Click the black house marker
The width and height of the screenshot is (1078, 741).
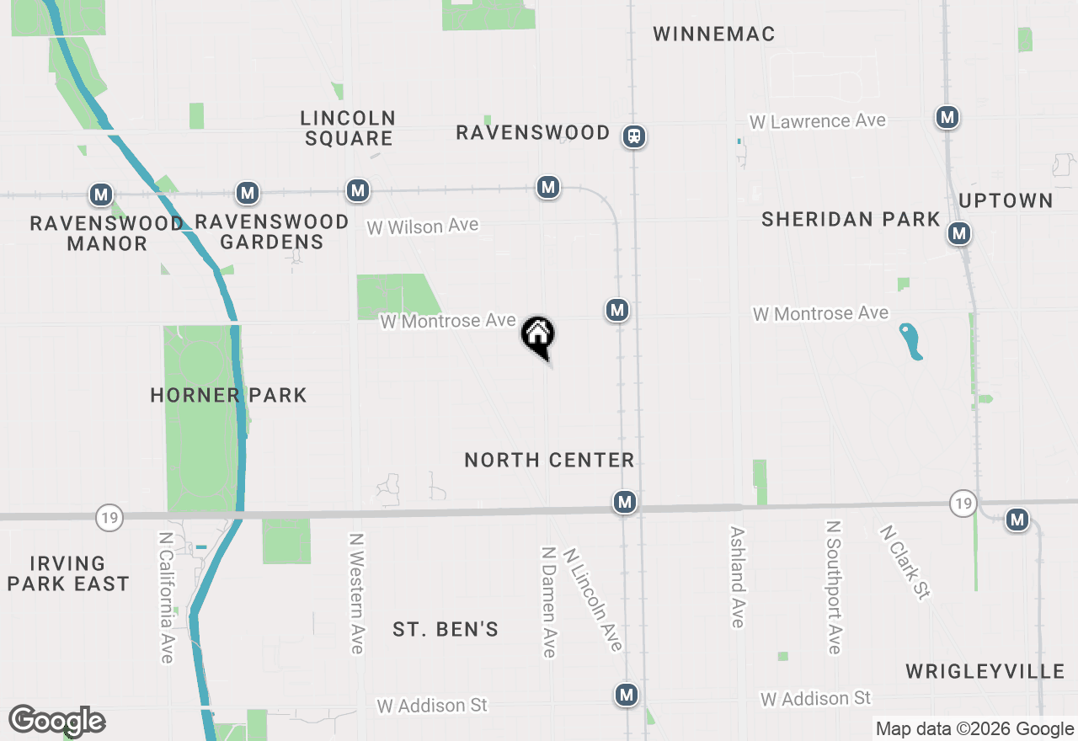pos(537,334)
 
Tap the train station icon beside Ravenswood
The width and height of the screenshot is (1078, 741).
pos(634,136)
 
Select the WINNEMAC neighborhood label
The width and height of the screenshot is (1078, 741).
pos(713,34)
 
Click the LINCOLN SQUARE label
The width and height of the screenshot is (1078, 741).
pos(349,128)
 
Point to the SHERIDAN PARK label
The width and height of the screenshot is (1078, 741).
pos(851,220)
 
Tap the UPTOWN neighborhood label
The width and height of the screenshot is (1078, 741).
pos(1006,200)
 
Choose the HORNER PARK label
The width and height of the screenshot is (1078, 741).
pos(228,395)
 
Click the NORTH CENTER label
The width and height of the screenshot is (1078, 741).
pos(549,460)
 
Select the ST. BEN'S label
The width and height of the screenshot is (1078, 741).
pos(446,629)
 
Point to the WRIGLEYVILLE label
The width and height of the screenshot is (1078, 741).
pos(985,671)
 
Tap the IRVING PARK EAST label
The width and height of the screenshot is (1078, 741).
pos(68,573)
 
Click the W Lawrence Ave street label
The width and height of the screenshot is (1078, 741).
pos(817,121)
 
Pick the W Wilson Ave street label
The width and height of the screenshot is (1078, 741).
pos(423,226)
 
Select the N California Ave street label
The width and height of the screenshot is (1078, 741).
pos(167,596)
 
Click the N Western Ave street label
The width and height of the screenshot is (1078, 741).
pos(356,593)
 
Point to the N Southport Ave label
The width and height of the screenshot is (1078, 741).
pos(834,587)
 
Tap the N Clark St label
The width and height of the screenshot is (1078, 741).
pos(904,562)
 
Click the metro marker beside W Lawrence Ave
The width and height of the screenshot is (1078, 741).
pos(947,117)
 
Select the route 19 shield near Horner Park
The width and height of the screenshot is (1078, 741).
pos(109,517)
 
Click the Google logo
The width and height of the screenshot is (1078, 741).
pos(57,721)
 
